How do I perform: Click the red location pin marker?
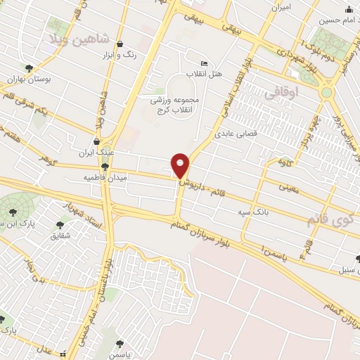tap(180, 165)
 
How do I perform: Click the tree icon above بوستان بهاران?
tap(29, 67)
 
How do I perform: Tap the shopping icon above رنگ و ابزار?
tap(120, 43)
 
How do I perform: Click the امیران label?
tap(282, 8)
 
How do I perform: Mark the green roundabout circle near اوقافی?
tap(326, 91)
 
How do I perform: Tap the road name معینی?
tap(289, 188)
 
